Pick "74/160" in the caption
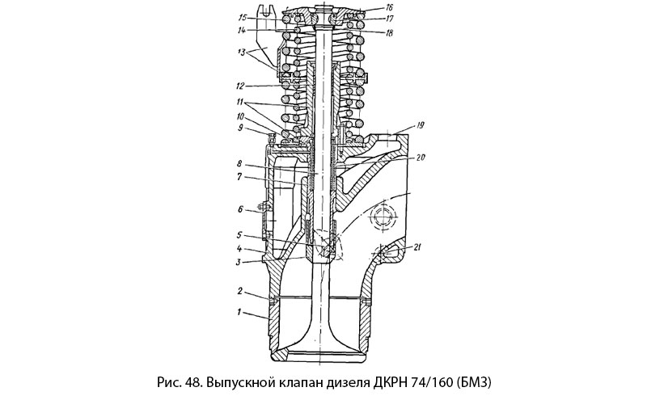[429, 379]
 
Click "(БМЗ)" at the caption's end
[474, 379]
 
